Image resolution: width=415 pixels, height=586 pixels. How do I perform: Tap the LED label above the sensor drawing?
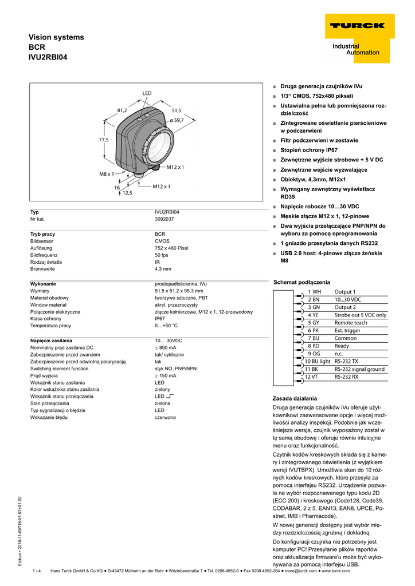tap(147, 93)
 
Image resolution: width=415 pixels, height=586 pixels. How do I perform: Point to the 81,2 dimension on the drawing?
tap(122, 110)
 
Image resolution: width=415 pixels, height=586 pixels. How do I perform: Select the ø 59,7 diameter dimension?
tap(177, 120)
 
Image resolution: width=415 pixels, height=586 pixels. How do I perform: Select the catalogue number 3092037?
tap(166, 219)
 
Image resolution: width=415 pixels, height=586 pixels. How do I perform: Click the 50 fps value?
tap(162, 255)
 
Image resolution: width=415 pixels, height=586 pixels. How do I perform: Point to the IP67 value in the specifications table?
tap(160, 318)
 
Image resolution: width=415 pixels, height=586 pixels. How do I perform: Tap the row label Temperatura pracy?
tap(50, 325)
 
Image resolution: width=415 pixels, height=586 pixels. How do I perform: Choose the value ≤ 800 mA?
tap(166, 347)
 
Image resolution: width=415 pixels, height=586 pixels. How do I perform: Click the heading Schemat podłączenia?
tap(302, 282)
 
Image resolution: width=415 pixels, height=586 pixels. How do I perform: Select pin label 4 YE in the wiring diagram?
tap(313, 315)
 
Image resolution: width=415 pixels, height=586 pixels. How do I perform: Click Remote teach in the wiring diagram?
tap(351, 323)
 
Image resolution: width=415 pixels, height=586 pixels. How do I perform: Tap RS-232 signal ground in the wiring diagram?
tap(359, 369)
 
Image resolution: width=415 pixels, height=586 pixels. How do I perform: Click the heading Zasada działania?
tap(295, 398)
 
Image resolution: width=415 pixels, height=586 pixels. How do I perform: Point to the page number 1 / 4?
tap(37, 571)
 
